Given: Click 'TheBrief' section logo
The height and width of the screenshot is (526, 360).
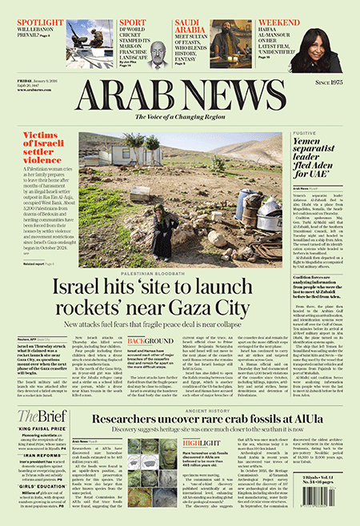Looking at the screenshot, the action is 39,415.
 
